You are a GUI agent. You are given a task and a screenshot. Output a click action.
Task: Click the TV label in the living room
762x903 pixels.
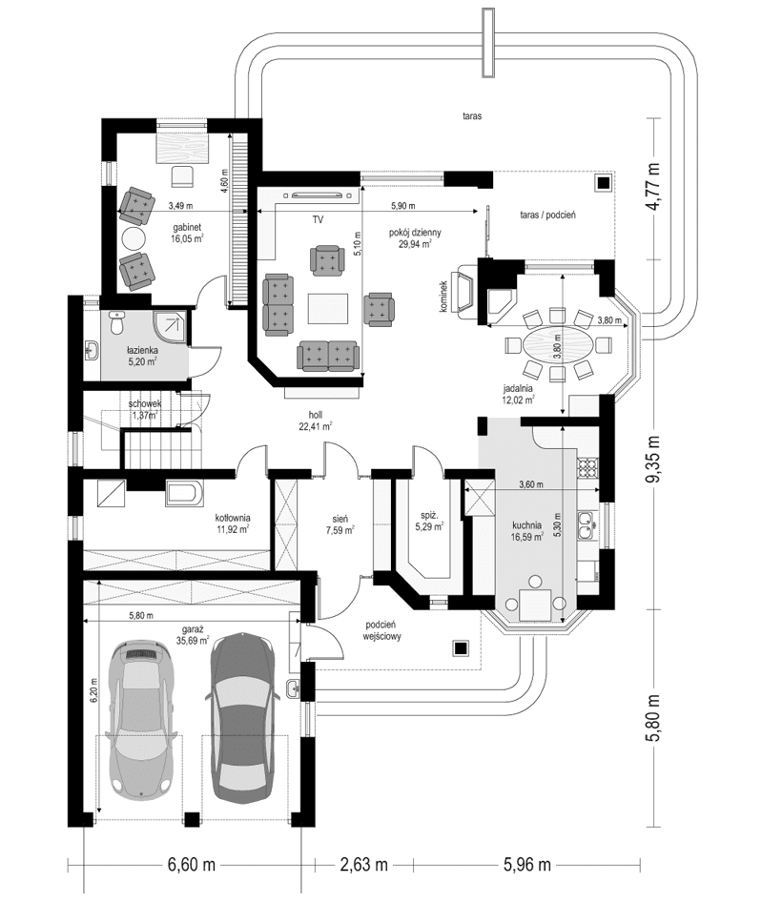[319, 220]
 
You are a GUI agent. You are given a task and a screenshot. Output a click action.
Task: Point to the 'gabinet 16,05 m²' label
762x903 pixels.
[187, 234]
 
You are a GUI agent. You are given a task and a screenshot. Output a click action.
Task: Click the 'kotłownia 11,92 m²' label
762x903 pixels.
[233, 522]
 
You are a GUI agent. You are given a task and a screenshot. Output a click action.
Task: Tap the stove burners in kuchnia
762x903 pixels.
[588, 468]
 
